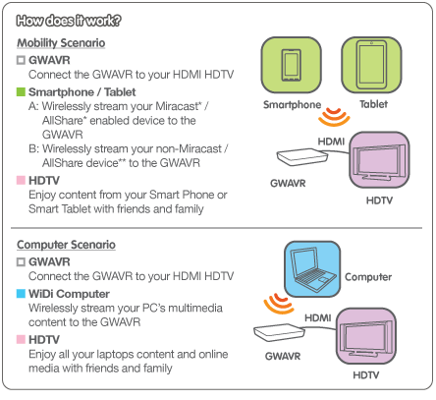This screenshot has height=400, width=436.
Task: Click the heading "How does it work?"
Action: pyautogui.click(x=69, y=21)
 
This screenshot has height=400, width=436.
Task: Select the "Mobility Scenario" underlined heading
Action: pyautogui.click(x=61, y=43)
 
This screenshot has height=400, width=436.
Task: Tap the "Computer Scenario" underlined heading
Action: pyautogui.click(x=66, y=245)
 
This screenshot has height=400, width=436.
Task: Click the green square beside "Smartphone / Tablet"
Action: pyautogui.click(x=21, y=92)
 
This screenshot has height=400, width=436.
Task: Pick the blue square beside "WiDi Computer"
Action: pyautogui.click(x=21, y=294)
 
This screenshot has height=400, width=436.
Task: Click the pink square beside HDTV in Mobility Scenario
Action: pyautogui.click(x=21, y=180)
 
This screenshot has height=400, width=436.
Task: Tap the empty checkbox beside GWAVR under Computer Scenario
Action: pyautogui.click(x=21, y=261)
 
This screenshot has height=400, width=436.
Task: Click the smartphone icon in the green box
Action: pyautogui.click(x=291, y=65)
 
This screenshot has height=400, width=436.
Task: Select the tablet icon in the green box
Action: pyautogui.click(x=371, y=65)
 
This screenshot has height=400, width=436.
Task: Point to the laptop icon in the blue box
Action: pyautogui.click(x=312, y=268)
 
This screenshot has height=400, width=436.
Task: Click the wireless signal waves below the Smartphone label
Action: pyautogui.click(x=334, y=117)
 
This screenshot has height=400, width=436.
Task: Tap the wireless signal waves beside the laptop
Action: pyautogui.click(x=279, y=304)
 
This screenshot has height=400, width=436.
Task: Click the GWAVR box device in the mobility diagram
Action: pyautogui.click(x=301, y=156)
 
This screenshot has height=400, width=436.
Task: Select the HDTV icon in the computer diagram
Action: pyautogui.click(x=366, y=337)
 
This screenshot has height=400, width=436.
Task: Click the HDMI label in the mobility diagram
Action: pyautogui.click(x=331, y=142)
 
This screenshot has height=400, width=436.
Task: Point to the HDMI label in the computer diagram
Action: pyautogui.click(x=318, y=317)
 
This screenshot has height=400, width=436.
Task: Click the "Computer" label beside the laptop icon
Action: pyautogui.click(x=368, y=277)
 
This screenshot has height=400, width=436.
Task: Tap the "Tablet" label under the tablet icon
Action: pyautogui.click(x=373, y=104)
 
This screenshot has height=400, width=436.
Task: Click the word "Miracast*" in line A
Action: pyautogui.click(x=179, y=106)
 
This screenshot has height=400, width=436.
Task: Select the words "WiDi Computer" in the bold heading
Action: pyautogui.click(x=69, y=294)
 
